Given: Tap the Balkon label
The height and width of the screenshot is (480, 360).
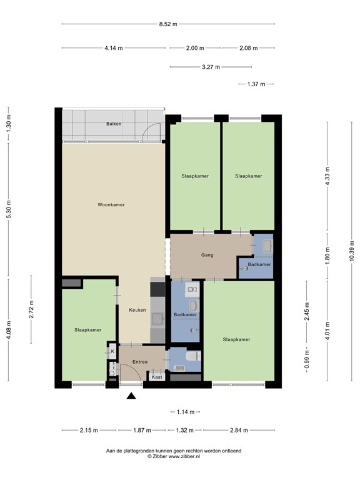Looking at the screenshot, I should (x=114, y=124).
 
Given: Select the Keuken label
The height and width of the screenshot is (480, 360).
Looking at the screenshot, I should (x=137, y=310).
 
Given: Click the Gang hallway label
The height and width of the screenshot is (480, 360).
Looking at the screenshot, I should (x=207, y=255).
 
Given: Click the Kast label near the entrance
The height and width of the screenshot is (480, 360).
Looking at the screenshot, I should (x=156, y=377).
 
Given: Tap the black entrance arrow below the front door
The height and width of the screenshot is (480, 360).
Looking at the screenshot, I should (x=131, y=395).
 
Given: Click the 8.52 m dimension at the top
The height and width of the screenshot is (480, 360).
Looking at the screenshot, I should (x=167, y=24).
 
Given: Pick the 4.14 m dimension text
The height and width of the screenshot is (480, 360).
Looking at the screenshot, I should (x=114, y=48).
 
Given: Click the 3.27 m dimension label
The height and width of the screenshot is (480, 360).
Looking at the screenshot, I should (x=210, y=67).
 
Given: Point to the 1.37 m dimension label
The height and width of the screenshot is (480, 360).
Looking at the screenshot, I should (x=256, y=84).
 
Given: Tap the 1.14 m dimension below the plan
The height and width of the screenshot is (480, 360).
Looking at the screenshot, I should (x=185, y=412).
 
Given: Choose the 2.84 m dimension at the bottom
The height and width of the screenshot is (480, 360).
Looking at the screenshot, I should (x=239, y=430).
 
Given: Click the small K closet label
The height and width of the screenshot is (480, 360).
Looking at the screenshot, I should (x=112, y=351).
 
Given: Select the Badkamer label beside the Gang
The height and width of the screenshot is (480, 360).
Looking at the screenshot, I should (x=259, y=265).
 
